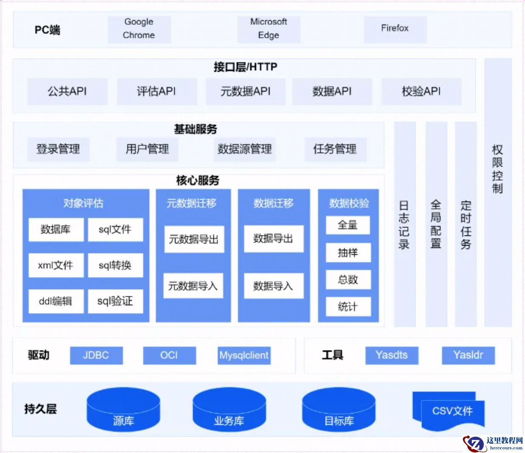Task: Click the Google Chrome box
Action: coord(139,29)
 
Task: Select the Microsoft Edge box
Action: coord(269,29)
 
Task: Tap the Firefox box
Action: coord(395,29)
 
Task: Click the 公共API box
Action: coord(67,91)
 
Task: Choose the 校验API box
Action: coord(421,91)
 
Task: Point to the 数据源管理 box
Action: coord(244,149)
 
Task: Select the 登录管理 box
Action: coord(58,149)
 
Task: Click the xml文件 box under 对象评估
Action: coord(56,266)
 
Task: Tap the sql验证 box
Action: coord(115,301)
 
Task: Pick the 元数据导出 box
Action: coord(194,239)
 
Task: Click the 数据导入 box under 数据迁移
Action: coord(273,286)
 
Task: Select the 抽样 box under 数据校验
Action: coord(348,253)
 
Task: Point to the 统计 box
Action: coord(348,306)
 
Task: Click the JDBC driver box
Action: coord(96,355)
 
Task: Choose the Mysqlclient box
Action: coord(244,355)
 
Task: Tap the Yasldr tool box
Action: coord(468,355)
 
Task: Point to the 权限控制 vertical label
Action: coord(497,169)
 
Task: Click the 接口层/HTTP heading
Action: coord(245,67)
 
